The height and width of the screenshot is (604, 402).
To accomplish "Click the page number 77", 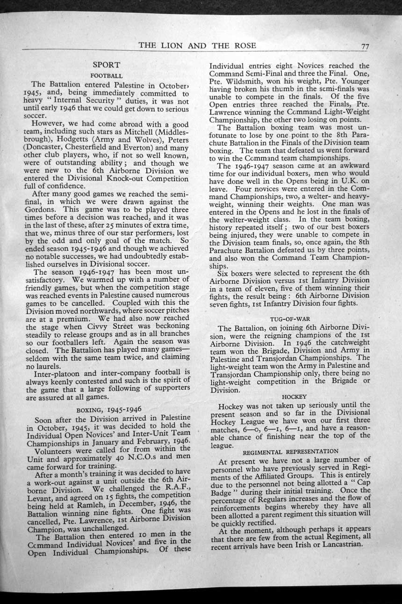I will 365,46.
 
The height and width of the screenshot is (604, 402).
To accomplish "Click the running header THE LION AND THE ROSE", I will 197,45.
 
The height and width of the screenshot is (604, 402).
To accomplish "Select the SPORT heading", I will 106,65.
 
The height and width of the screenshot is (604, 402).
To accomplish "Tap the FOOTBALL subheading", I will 107,75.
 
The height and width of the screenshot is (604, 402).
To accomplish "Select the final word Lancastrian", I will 335,545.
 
